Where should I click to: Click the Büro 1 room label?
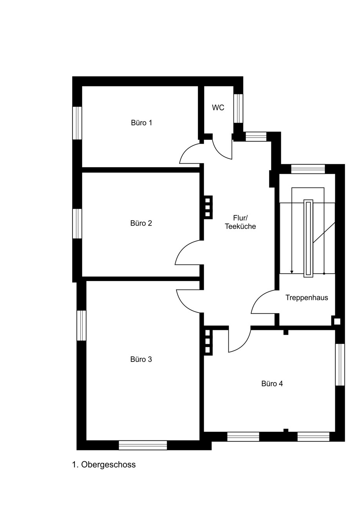[141, 123]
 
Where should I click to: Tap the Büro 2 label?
[141, 223]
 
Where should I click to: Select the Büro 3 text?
[141, 359]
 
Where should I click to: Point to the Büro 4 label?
[272, 384]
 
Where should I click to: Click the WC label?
[218, 108]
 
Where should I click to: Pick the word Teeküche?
[240, 227]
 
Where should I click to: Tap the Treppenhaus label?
[307, 298]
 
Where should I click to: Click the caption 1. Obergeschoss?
[104, 465]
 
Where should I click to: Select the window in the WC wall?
[239, 108]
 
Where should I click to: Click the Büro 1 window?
[77, 123]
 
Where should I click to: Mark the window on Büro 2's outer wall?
[77, 224]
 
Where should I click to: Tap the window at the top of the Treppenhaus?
[308, 169]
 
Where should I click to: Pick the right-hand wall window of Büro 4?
[340, 365]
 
